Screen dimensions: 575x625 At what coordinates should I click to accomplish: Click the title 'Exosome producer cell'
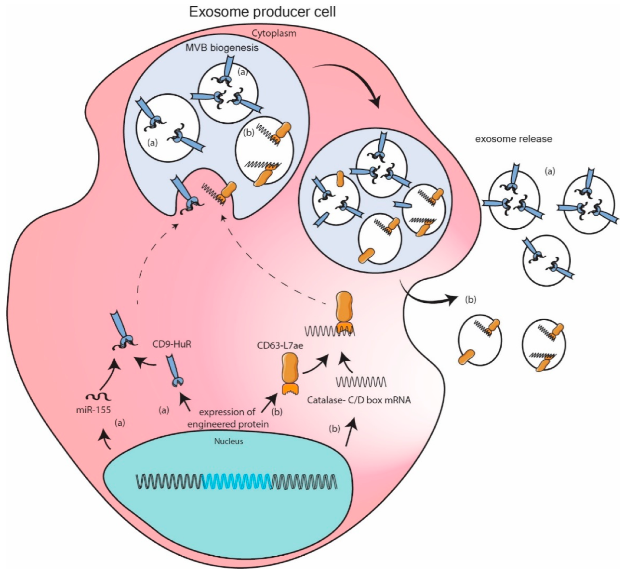262,12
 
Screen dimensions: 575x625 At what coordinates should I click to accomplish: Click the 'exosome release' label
514,139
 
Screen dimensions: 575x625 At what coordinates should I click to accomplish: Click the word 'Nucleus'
229,440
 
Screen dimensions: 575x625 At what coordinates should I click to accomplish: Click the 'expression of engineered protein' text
228,418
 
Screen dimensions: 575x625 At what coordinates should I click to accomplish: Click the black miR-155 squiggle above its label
99,397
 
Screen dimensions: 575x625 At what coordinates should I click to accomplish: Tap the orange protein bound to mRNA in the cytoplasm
344,311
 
